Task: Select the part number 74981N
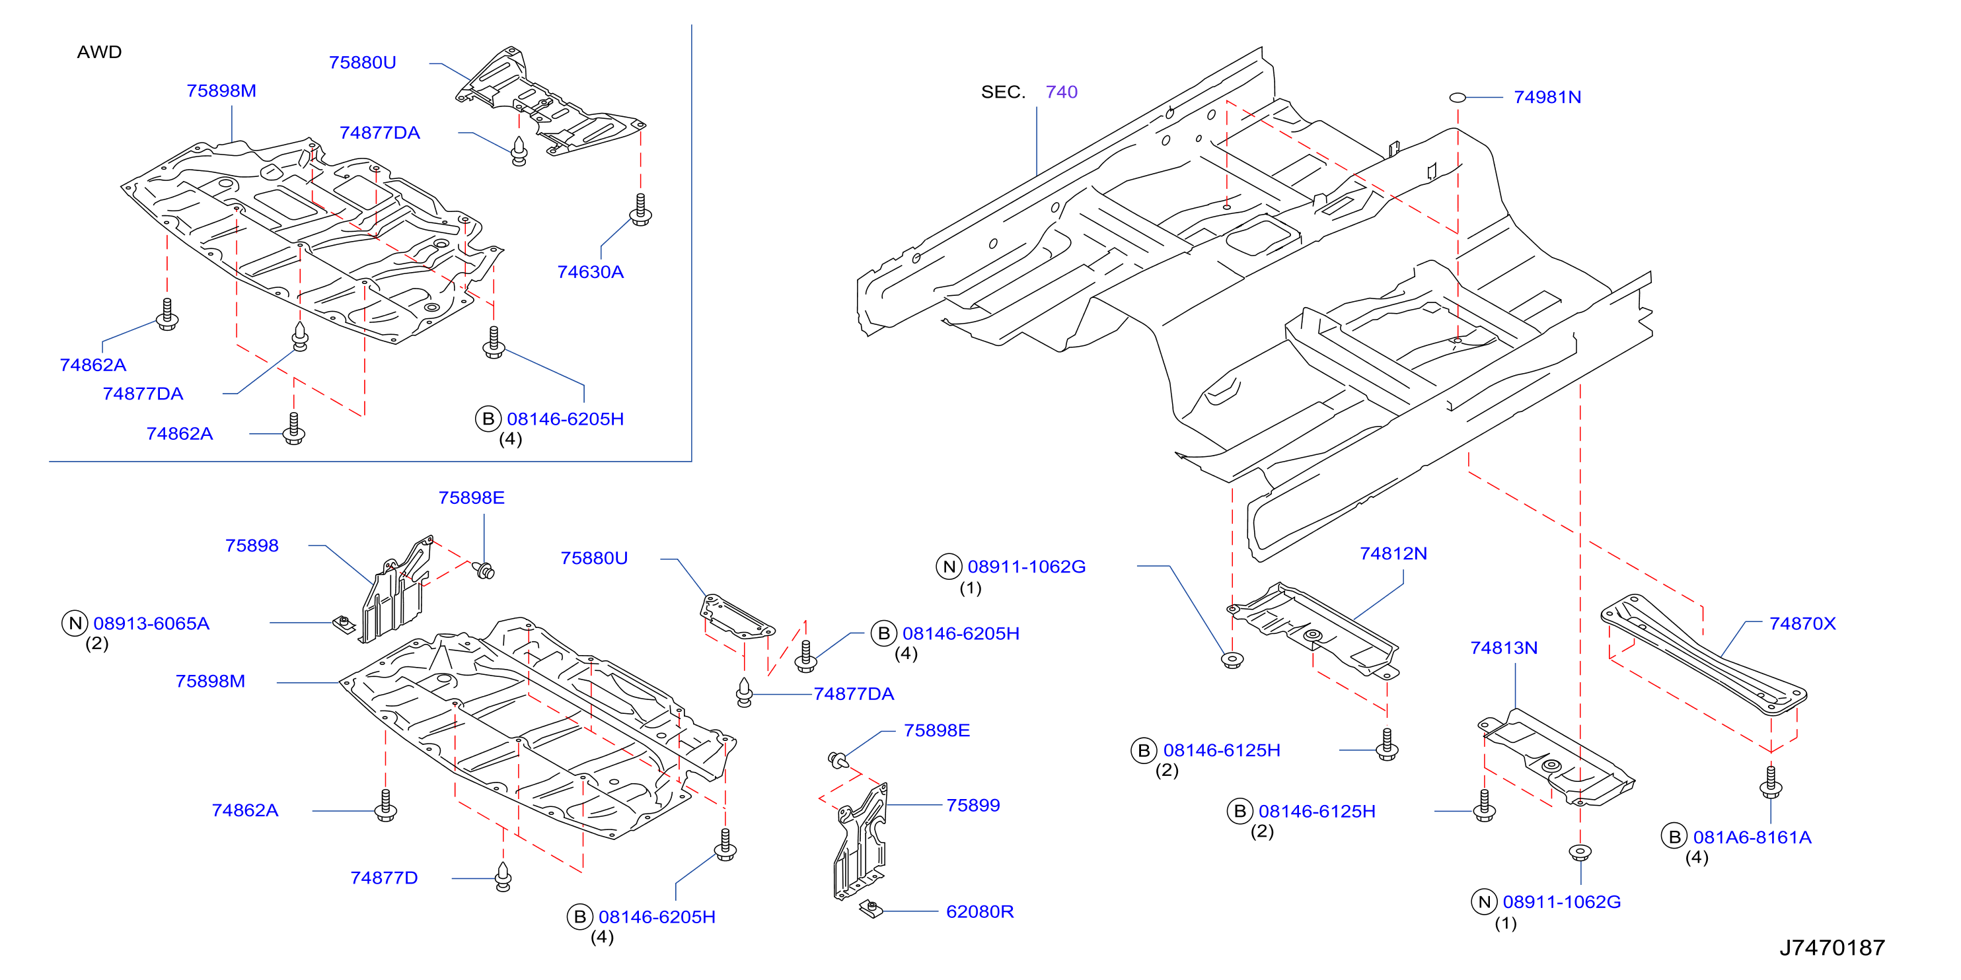coord(1547,97)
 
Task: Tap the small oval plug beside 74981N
coord(1457,97)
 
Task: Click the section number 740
coord(1061,92)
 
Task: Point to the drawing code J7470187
coord(1831,947)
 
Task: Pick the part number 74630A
coord(590,272)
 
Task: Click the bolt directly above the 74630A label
coord(640,209)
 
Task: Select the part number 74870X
coord(1802,624)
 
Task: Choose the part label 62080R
coord(980,911)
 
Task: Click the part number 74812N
coord(1393,554)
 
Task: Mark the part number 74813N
coord(1504,648)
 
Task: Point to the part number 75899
coord(973,806)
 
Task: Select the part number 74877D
coord(384,878)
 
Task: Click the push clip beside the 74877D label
coord(503,876)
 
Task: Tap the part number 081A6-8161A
coord(1752,838)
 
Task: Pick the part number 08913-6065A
coord(151,624)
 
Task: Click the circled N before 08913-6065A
coord(75,624)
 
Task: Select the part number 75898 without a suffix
coord(252,546)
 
